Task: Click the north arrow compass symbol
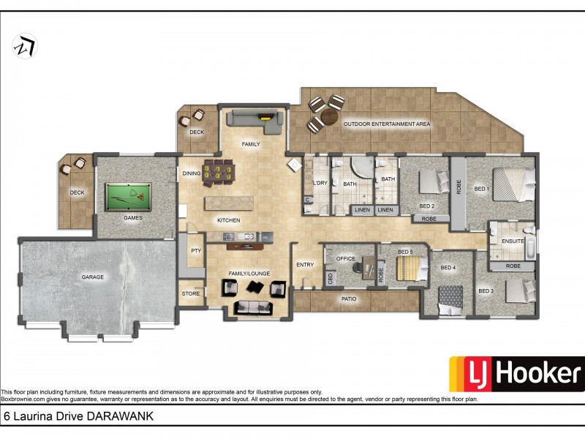pyautogui.click(x=25, y=47)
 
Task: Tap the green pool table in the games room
pyautogui.click(x=128, y=195)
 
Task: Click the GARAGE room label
pyautogui.click(x=93, y=277)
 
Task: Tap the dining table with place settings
pyautogui.click(x=221, y=171)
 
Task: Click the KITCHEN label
pyautogui.click(x=228, y=220)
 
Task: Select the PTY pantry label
pyautogui.click(x=195, y=250)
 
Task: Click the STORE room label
pyautogui.click(x=190, y=293)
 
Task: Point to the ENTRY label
pyautogui.click(x=304, y=265)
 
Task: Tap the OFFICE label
pyautogui.click(x=345, y=258)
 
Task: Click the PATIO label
pyautogui.click(x=350, y=299)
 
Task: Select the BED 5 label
pyautogui.click(x=405, y=252)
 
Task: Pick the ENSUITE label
pyautogui.click(x=513, y=240)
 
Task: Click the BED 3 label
pyautogui.click(x=486, y=290)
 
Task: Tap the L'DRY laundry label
pyautogui.click(x=320, y=183)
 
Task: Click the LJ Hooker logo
pyautogui.click(x=516, y=374)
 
